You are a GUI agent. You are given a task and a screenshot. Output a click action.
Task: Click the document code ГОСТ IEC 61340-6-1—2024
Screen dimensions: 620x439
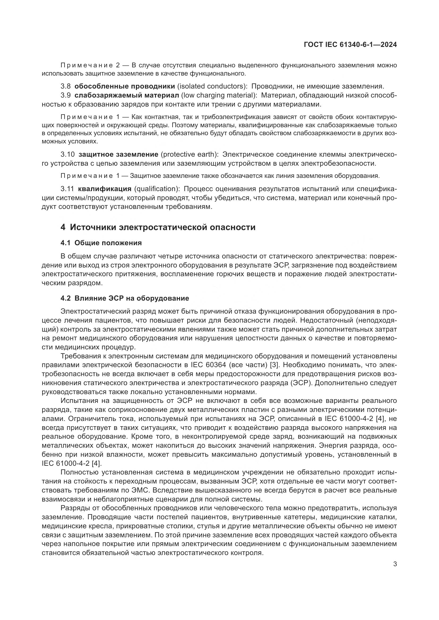click(x=350, y=45)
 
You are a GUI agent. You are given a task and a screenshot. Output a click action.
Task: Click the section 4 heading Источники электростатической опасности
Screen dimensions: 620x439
click(x=158, y=227)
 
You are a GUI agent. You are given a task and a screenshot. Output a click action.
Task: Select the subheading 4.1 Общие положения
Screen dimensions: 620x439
click(x=101, y=243)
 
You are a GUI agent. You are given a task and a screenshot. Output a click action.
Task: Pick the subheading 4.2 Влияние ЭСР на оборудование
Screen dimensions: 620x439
click(x=125, y=298)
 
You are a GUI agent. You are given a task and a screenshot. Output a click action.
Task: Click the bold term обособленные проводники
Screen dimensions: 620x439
click(x=125, y=86)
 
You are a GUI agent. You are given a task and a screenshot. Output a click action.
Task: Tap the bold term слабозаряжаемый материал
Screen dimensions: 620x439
click(x=127, y=95)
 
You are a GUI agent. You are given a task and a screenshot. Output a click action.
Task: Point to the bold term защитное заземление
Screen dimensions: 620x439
click(x=118, y=155)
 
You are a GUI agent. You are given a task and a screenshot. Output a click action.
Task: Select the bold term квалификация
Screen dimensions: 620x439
click(x=105, y=188)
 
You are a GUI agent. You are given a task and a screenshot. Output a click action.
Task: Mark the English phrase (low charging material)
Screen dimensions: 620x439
click(x=219, y=95)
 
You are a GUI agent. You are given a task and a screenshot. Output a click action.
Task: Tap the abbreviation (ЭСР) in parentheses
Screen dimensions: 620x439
click(x=302, y=383)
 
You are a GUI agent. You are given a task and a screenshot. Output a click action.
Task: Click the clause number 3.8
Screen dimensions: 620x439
click(x=65, y=86)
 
